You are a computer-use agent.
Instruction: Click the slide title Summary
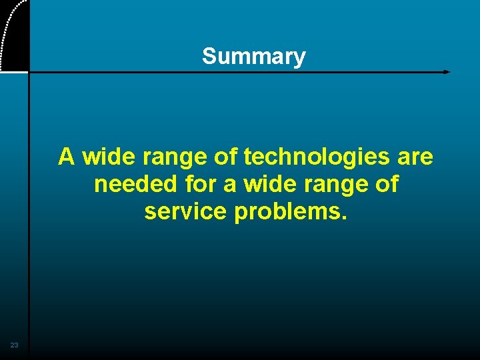pyautogui.click(x=253, y=57)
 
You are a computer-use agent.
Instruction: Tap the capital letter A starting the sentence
pyautogui.click(x=67, y=157)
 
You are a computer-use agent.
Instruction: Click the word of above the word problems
pyautogui.click(x=386, y=184)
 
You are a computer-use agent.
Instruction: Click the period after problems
pyautogui.click(x=345, y=217)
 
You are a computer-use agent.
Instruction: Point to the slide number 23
pyautogui.click(x=14, y=345)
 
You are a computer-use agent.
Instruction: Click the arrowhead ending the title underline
pyautogui.click(x=447, y=71)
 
